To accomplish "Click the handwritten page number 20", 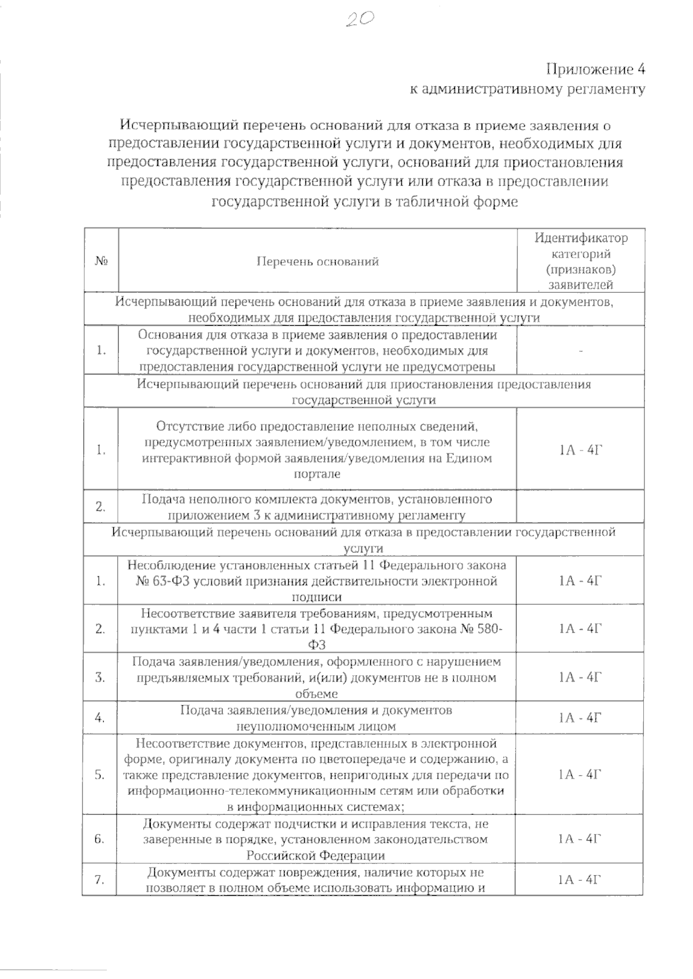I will click(x=360, y=21).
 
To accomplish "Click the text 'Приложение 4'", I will click(x=595, y=70).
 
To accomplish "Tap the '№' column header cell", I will click(x=102, y=261).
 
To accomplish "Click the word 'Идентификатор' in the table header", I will click(x=580, y=238).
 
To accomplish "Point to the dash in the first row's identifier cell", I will click(x=580, y=351).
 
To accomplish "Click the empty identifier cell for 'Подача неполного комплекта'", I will click(x=580, y=507).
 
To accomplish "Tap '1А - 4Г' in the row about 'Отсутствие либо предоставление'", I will click(x=580, y=451).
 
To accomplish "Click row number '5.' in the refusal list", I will click(x=100, y=775).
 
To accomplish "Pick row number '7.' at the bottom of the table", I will click(x=100, y=880).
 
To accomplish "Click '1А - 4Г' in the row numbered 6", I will click(x=580, y=839).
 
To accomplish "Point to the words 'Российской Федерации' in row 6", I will click(x=316, y=855).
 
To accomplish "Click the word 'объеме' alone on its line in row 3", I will click(x=316, y=694).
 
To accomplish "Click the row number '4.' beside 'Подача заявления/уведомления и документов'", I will click(x=100, y=718).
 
